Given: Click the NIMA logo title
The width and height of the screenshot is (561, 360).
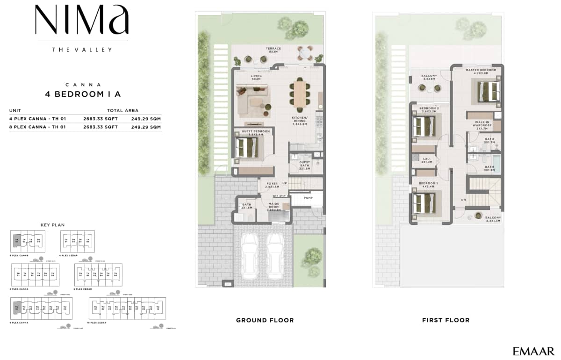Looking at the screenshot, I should point(82,21).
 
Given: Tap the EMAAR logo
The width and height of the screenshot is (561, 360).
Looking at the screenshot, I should point(533,351).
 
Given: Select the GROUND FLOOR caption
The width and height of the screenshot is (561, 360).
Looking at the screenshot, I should point(265,320).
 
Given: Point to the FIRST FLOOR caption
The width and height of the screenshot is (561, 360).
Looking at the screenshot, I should point(446,320).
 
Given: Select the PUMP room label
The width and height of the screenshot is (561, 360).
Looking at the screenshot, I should point(308,198).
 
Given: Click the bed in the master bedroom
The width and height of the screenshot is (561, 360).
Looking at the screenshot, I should point(486,90).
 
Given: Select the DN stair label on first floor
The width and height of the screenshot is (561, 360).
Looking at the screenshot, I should point(463,200).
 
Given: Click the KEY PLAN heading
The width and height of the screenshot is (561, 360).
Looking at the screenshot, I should point(52,225).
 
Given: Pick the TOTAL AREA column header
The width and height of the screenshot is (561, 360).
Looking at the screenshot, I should point(122,111).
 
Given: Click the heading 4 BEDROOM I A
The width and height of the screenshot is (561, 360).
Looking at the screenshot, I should point(83,94).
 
